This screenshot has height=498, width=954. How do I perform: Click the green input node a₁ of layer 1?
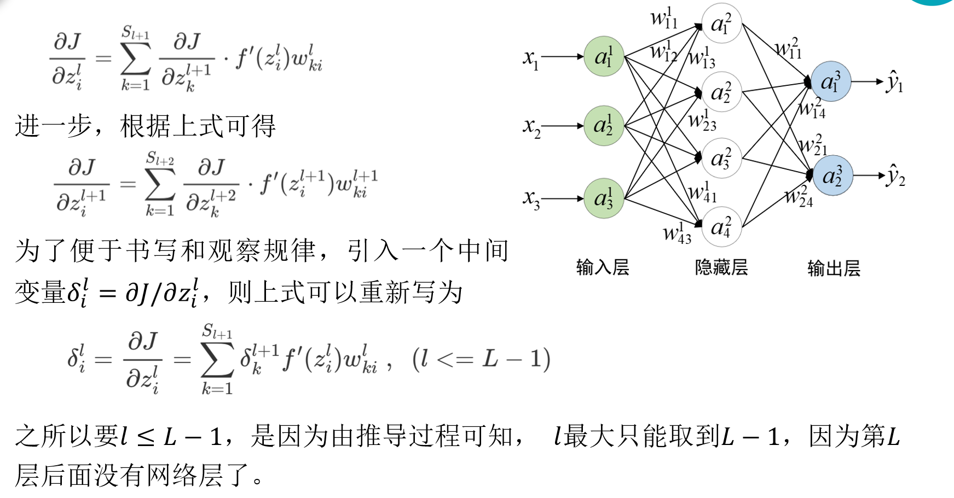pyautogui.click(x=604, y=56)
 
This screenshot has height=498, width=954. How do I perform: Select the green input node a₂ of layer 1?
pyautogui.click(x=604, y=126)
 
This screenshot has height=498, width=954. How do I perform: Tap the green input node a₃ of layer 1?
pyautogui.click(x=604, y=198)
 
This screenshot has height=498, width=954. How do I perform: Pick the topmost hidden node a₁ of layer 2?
pyautogui.click(x=721, y=24)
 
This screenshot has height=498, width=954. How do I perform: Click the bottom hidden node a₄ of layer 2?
pyautogui.click(x=721, y=227)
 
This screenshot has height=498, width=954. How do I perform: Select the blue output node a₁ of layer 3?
pyautogui.click(x=831, y=81)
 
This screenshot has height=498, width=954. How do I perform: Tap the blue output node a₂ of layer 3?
pyautogui.click(x=832, y=175)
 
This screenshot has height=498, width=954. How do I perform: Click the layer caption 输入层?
pyautogui.click(x=603, y=267)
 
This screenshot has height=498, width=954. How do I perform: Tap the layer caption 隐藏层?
pyautogui.click(x=721, y=267)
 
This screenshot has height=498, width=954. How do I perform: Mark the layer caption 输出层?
pyautogui.click(x=834, y=268)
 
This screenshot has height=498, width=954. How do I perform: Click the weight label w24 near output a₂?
pyautogui.click(x=799, y=197)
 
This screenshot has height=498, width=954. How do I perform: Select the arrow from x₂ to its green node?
pyautogui.click(x=563, y=126)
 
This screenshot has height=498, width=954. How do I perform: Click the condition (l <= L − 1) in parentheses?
pyautogui.click(x=481, y=359)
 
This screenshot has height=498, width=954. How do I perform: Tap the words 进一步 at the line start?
pyautogui.click(x=53, y=126)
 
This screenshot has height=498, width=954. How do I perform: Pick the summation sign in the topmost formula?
pyautogui.click(x=136, y=59)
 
